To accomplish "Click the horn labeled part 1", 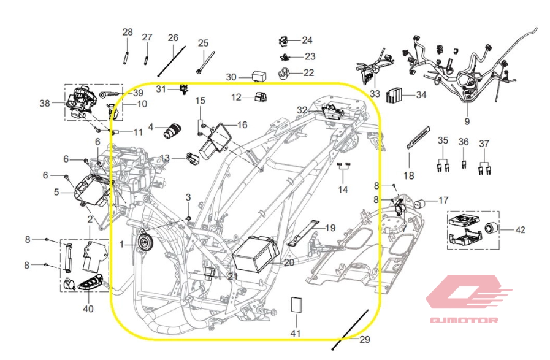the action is click(x=145, y=242).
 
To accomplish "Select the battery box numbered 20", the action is click(x=256, y=253).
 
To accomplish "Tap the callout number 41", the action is click(x=296, y=332).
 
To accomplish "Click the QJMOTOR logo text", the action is click(x=464, y=320).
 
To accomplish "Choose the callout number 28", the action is click(x=128, y=32).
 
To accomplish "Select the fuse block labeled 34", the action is click(x=394, y=94).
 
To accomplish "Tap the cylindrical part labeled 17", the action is click(x=420, y=204).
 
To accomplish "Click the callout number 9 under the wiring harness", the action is click(x=467, y=121).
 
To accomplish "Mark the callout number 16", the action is click(x=242, y=125).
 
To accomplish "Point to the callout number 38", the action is click(x=45, y=103).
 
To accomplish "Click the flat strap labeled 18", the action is click(x=418, y=137).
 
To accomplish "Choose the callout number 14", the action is click(x=343, y=190).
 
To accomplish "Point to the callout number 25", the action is click(x=203, y=43).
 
